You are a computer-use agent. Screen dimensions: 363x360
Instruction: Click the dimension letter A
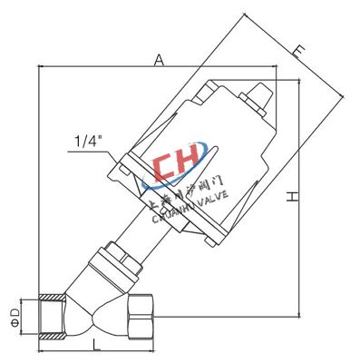(158, 60)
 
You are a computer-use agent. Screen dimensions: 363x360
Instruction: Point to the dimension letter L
(95, 342)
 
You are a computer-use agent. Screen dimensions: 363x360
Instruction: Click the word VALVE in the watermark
(214, 195)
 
